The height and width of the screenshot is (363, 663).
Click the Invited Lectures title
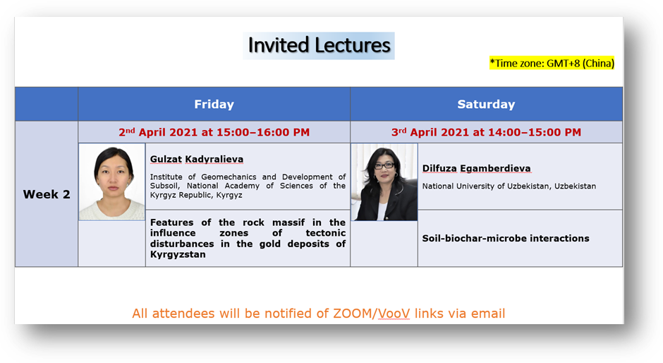(319, 45)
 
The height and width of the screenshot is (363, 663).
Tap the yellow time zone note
(552, 63)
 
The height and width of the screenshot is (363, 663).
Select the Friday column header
(214, 105)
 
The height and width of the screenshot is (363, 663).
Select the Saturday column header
(486, 105)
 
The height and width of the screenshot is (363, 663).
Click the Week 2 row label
(47, 194)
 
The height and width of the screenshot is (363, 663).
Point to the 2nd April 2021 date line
(214, 132)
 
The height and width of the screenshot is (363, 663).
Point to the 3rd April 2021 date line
(486, 132)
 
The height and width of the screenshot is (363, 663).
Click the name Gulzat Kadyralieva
(197, 160)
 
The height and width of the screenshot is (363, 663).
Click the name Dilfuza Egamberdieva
(476, 169)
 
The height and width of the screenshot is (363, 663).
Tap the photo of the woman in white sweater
(112, 181)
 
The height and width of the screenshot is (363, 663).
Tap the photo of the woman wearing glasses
(384, 182)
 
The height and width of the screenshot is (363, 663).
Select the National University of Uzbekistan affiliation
(509, 186)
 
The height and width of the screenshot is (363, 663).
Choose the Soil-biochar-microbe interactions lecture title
(506, 238)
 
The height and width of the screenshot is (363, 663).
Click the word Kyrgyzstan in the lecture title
(178, 254)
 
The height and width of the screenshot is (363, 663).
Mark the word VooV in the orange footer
(394, 314)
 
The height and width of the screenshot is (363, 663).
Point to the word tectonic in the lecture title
(326, 233)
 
